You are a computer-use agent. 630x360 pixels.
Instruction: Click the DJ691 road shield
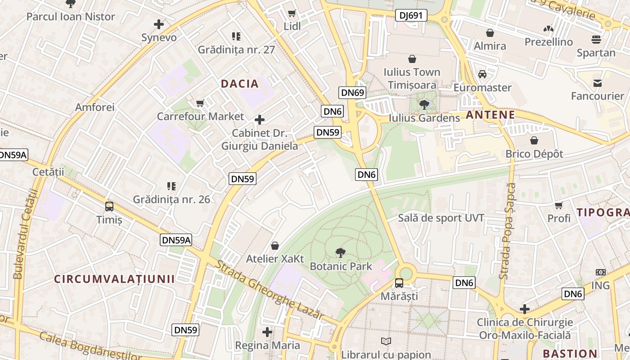pos(411,16)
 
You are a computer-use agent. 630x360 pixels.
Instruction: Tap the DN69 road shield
pos(352,93)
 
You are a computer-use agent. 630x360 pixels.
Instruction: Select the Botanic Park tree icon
pos(341,253)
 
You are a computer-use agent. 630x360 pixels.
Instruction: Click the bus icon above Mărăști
pos(399,283)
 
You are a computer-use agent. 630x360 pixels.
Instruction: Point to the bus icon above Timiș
pos(109,207)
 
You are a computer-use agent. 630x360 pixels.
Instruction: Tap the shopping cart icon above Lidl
pos(292,13)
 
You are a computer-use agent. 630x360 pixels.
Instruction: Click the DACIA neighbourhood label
pos(240,84)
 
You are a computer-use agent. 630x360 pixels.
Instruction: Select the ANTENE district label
pos(490,115)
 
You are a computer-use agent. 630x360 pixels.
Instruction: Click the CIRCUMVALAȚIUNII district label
pos(114,279)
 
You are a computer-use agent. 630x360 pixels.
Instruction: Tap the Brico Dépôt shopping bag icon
pos(534,141)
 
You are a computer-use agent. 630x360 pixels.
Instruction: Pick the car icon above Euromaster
pos(482,74)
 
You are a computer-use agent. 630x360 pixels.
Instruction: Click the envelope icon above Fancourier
pos(598,83)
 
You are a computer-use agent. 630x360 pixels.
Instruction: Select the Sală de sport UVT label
pos(441,218)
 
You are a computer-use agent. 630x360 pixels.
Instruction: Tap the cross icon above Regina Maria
pos(267,333)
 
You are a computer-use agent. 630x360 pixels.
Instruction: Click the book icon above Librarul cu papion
pos(386,342)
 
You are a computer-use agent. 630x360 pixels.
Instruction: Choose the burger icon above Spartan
pos(596,40)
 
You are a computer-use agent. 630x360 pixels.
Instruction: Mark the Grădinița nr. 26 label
pos(171,199)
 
